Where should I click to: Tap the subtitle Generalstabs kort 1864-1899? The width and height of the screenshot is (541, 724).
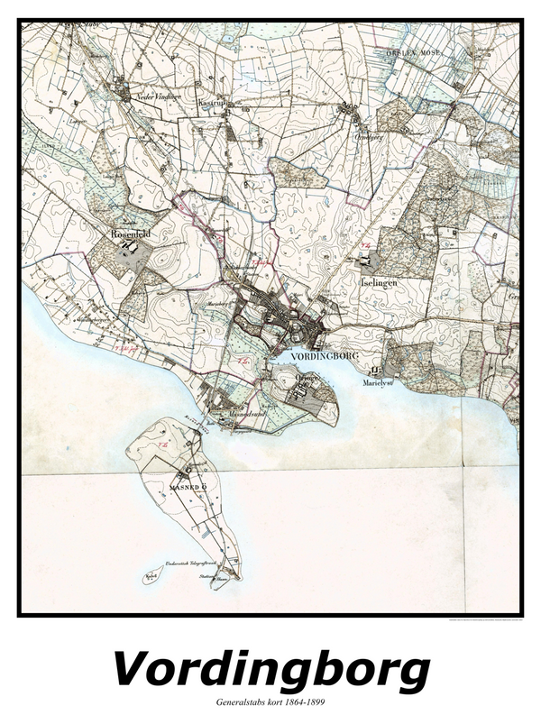270,702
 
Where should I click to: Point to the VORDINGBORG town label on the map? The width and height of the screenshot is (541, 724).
326,356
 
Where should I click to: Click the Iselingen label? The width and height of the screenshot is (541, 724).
379,282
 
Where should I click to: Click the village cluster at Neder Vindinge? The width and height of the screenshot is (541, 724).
121,87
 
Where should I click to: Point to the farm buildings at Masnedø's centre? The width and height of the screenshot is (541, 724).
188,470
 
